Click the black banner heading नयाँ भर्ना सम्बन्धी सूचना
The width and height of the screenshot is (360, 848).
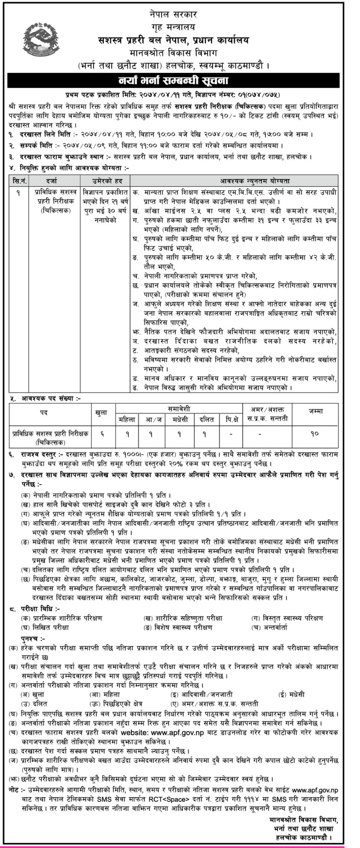[x=180, y=80]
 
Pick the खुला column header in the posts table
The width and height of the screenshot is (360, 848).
[x=102, y=412]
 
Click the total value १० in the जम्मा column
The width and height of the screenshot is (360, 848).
[x=315, y=433]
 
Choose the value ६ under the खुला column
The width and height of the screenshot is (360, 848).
[x=102, y=433]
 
